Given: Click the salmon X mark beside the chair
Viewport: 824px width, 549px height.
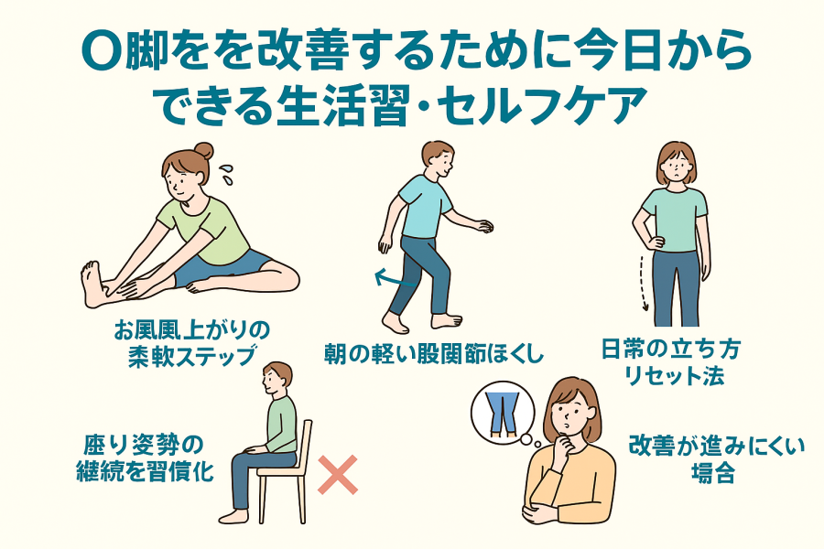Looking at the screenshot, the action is pos(338,474).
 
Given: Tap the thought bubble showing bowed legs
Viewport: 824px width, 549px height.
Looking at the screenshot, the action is pos(503,413).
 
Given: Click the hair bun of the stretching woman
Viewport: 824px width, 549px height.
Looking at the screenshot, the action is pos(204,151).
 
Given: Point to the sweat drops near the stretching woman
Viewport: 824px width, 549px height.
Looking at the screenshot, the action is pos(227,174).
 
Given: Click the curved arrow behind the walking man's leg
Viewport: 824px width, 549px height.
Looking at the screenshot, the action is pos(394,279).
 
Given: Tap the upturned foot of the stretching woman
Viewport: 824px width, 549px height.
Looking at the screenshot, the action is pos(92,284).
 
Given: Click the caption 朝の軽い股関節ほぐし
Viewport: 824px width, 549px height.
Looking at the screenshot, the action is pos(434,353).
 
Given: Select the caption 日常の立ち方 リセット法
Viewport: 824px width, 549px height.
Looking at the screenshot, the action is pos(671,362).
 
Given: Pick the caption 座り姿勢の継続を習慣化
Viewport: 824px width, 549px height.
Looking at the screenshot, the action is pos(145,458).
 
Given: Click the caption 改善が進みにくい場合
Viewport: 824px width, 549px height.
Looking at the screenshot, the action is pos(717,458).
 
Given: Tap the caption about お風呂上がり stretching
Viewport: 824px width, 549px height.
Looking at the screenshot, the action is pos(191,343).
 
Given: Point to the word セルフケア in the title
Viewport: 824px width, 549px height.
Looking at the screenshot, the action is pos(541,106).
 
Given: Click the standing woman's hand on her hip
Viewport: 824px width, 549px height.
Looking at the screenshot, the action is pos(656,242).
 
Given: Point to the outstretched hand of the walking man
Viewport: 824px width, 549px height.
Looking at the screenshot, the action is pos(484,225).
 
